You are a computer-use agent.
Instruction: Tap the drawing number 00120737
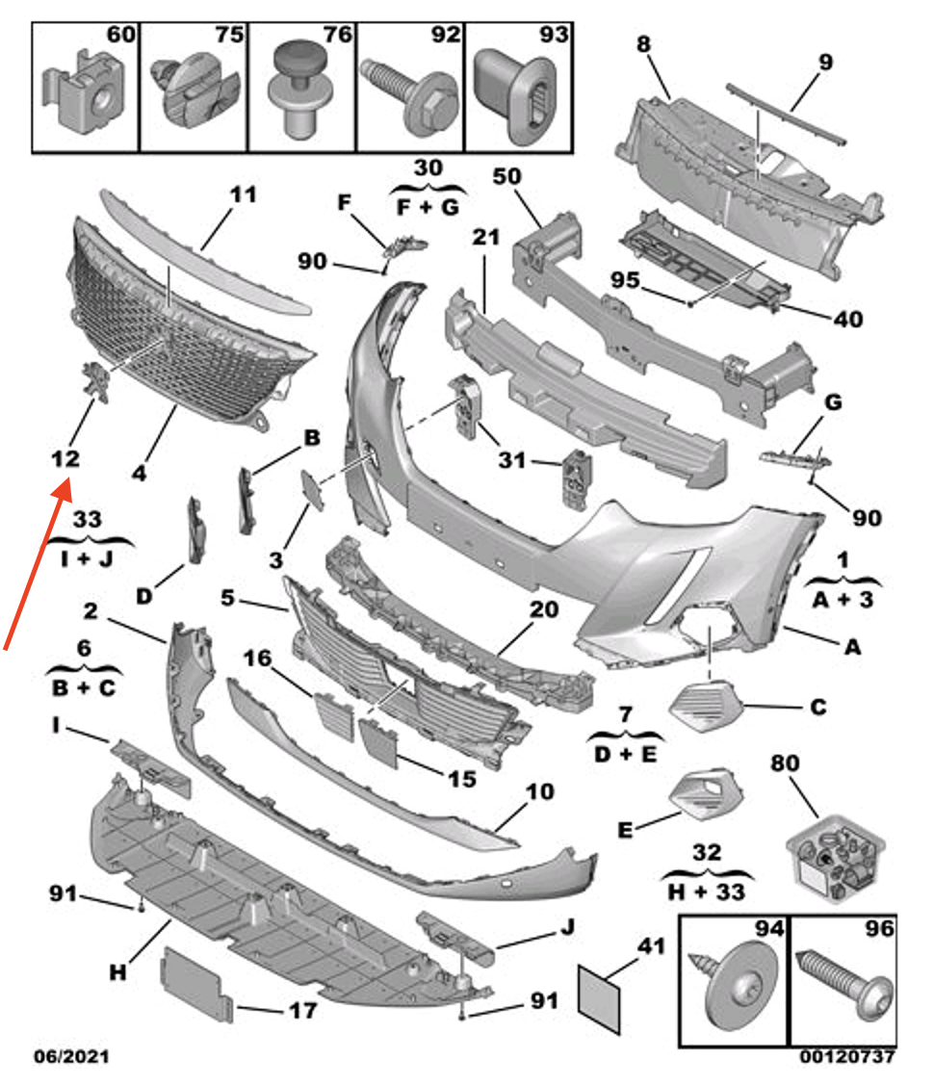[846, 1057]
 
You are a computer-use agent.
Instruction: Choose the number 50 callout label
[506, 177]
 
